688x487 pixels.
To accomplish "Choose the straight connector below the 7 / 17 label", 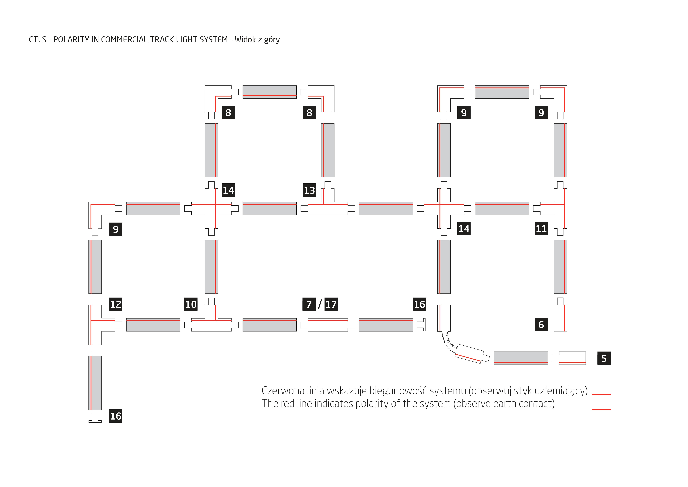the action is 328,325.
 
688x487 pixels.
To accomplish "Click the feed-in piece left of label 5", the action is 569,358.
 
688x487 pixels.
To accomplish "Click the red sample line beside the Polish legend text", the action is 601,395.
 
